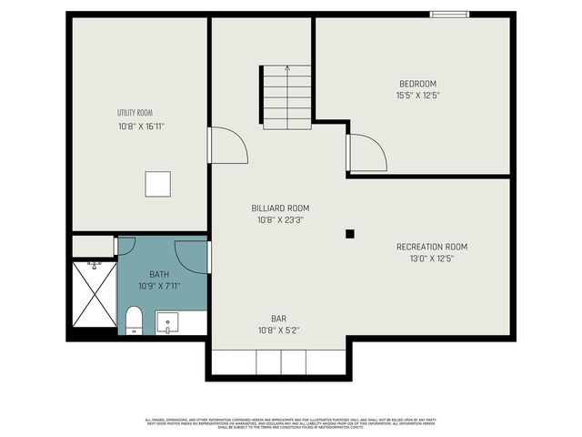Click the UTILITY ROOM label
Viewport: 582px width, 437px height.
(134, 113)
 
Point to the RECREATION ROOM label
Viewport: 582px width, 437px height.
(432, 247)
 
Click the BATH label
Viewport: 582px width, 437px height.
(159, 274)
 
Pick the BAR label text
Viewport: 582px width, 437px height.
(278, 319)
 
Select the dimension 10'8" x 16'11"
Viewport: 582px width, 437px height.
(141, 127)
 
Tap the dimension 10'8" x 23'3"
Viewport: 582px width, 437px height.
(278, 219)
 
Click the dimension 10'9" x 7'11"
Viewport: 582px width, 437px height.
(159, 286)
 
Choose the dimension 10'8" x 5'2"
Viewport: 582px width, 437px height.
(278, 330)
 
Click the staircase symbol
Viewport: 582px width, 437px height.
(287, 98)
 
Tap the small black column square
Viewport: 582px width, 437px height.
(349, 234)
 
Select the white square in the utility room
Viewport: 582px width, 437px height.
(158, 184)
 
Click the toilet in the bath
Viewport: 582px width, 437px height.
(134, 320)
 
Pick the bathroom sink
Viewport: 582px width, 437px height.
(167, 322)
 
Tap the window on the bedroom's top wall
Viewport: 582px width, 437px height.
(450, 14)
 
